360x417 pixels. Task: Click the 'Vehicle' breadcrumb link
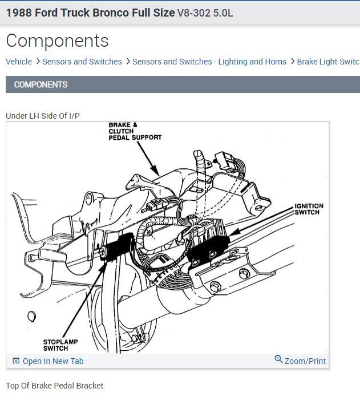click(x=19, y=62)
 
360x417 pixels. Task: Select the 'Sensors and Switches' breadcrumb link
click(x=82, y=62)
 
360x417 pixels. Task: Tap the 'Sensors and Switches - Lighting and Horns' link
click(x=209, y=62)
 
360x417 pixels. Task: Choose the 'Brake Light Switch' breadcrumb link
click(x=328, y=62)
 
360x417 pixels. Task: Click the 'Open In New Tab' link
click(x=53, y=361)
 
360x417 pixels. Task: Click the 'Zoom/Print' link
click(x=305, y=361)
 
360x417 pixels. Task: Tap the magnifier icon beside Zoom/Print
click(x=278, y=359)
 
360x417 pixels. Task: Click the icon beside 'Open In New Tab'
click(x=16, y=361)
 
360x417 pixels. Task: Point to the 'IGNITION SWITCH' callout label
click(x=309, y=209)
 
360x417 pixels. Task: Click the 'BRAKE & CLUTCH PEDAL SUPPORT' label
click(x=135, y=131)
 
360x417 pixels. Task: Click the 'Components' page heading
click(x=57, y=41)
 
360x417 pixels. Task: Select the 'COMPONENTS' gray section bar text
click(x=41, y=84)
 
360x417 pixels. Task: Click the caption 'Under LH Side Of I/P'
click(x=43, y=116)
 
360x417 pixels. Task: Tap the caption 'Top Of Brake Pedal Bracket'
click(x=55, y=386)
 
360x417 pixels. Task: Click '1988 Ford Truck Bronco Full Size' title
click(x=90, y=13)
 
